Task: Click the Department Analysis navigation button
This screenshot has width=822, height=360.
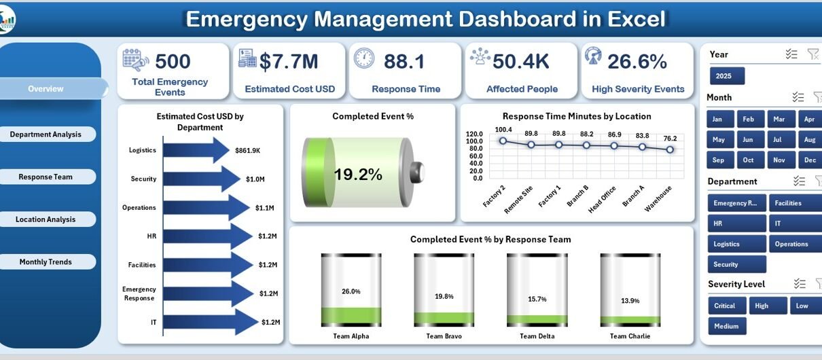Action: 46,134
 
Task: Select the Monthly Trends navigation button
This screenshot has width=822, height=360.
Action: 46,262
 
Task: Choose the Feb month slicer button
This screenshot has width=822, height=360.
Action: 748,120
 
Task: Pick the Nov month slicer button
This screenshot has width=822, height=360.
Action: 779,160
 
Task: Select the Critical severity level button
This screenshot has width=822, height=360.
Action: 725,306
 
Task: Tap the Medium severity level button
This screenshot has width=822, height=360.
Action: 726,326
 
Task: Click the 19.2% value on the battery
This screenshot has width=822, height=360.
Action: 358,175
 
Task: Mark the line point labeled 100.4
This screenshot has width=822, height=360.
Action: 503,141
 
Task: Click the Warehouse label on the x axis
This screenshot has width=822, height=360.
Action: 658,198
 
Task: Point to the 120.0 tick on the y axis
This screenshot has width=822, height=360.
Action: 474,134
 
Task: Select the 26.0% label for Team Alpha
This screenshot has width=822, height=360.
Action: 351,291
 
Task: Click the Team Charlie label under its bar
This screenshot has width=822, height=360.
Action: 630,336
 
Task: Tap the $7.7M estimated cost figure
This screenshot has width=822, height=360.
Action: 289,62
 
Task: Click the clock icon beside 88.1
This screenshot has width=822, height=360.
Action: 364,58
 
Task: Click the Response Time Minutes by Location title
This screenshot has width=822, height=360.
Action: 577,116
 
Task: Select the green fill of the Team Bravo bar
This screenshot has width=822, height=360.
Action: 444,318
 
